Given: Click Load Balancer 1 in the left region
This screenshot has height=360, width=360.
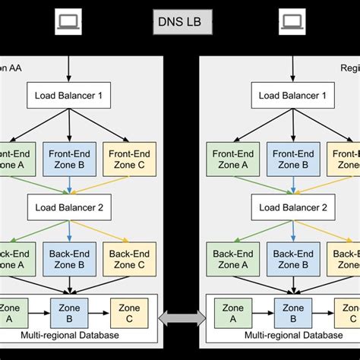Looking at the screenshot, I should [70, 96].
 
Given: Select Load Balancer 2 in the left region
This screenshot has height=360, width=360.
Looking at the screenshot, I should [70, 206].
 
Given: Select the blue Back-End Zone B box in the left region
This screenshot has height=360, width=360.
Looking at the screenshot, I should [70, 260].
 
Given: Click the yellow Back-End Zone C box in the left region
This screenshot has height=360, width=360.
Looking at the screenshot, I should [128, 260].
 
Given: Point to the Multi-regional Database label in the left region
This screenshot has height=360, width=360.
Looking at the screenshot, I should [70, 336].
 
